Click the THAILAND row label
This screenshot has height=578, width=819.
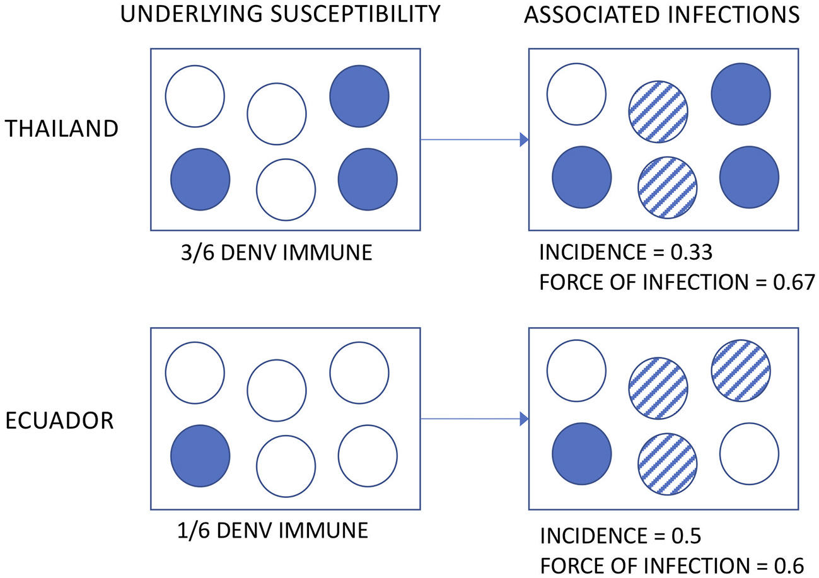tap(61, 129)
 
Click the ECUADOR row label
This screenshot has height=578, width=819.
tap(59, 420)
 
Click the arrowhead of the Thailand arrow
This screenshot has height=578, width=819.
tap(523, 140)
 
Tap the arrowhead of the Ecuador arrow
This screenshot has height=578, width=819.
tap(523, 418)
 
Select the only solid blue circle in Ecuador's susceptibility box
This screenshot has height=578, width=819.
tap(200, 456)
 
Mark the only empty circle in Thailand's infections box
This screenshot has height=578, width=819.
tap(576, 94)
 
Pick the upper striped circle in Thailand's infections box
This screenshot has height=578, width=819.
tap(658, 112)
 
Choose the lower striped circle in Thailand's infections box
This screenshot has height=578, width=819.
tap(668, 187)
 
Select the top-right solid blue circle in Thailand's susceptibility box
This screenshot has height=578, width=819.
tap(359, 96)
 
